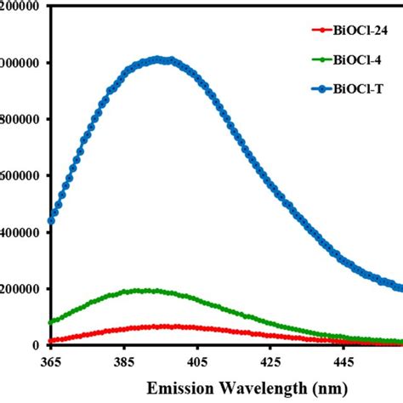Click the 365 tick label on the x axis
pos(51,362)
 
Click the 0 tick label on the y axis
pos(35,345)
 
